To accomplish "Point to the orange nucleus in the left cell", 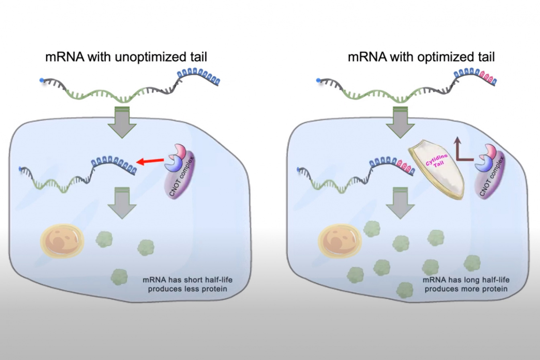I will pos(62,240).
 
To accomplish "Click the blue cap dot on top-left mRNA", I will pos(42,81).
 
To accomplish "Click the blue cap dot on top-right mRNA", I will pos(319,81).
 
